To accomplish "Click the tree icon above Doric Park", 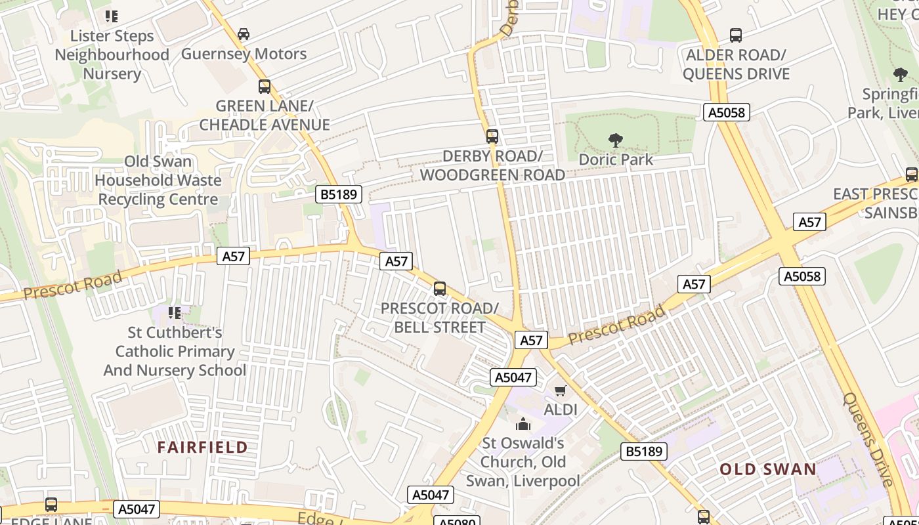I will coord(615,140).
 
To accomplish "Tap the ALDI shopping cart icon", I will coord(560,391).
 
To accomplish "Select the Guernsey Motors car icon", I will coord(244,34).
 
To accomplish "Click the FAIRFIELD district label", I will coord(202,448).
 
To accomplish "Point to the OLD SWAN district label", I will coord(767,469).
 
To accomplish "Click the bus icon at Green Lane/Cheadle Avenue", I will coord(265,86).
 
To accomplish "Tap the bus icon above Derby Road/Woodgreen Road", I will coord(492,136).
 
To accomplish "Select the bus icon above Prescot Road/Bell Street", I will coord(440,289).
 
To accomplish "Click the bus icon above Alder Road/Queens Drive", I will coord(735,35).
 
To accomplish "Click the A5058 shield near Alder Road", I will coord(727,112).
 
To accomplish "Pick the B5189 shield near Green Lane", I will coord(339,194).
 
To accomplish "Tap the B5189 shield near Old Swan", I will coord(644,451).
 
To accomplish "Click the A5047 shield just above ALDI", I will coord(513,377).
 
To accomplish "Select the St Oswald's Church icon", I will coord(523,425).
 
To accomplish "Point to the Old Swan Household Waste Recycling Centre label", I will coord(158,180).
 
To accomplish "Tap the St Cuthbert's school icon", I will coord(174,312).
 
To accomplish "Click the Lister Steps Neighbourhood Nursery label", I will coord(112,54).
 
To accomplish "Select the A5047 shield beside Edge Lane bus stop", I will coord(137,509).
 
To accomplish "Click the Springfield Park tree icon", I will coord(900,75).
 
